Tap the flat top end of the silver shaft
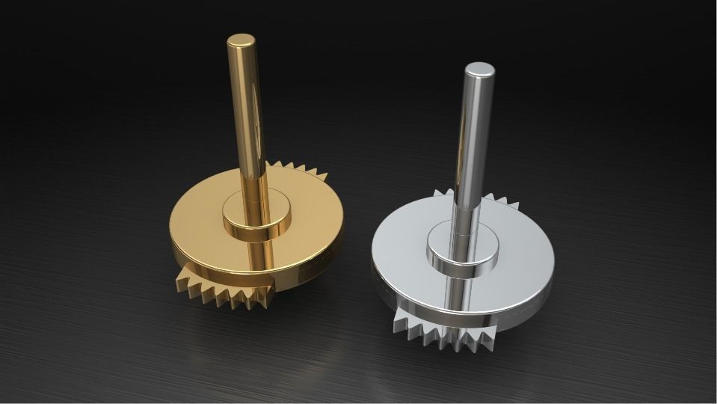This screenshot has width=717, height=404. pos(479,70)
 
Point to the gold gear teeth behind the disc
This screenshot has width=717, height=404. pos(299,171)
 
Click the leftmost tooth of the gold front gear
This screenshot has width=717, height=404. pos(182,283)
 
